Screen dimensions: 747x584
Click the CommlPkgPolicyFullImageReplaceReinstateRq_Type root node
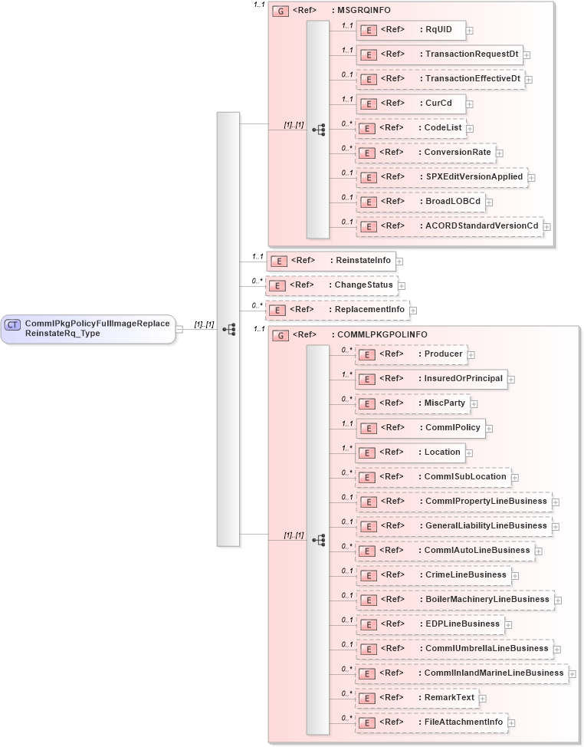[87, 329]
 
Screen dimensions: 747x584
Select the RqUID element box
[411, 30]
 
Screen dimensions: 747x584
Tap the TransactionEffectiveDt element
[441, 79]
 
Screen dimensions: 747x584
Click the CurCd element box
[411, 104]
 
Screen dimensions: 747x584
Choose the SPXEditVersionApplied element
[442, 177]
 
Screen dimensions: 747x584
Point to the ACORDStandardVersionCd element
[449, 226]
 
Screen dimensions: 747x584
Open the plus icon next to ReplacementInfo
[413, 311]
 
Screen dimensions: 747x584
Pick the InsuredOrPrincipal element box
[431, 379]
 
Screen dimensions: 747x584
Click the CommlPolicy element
[421, 428]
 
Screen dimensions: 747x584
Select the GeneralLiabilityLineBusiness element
[453, 526]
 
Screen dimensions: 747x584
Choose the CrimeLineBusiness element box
[433, 575]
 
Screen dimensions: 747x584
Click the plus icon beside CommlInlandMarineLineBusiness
[573, 674]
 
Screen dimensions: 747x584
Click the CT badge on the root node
[13, 324]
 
